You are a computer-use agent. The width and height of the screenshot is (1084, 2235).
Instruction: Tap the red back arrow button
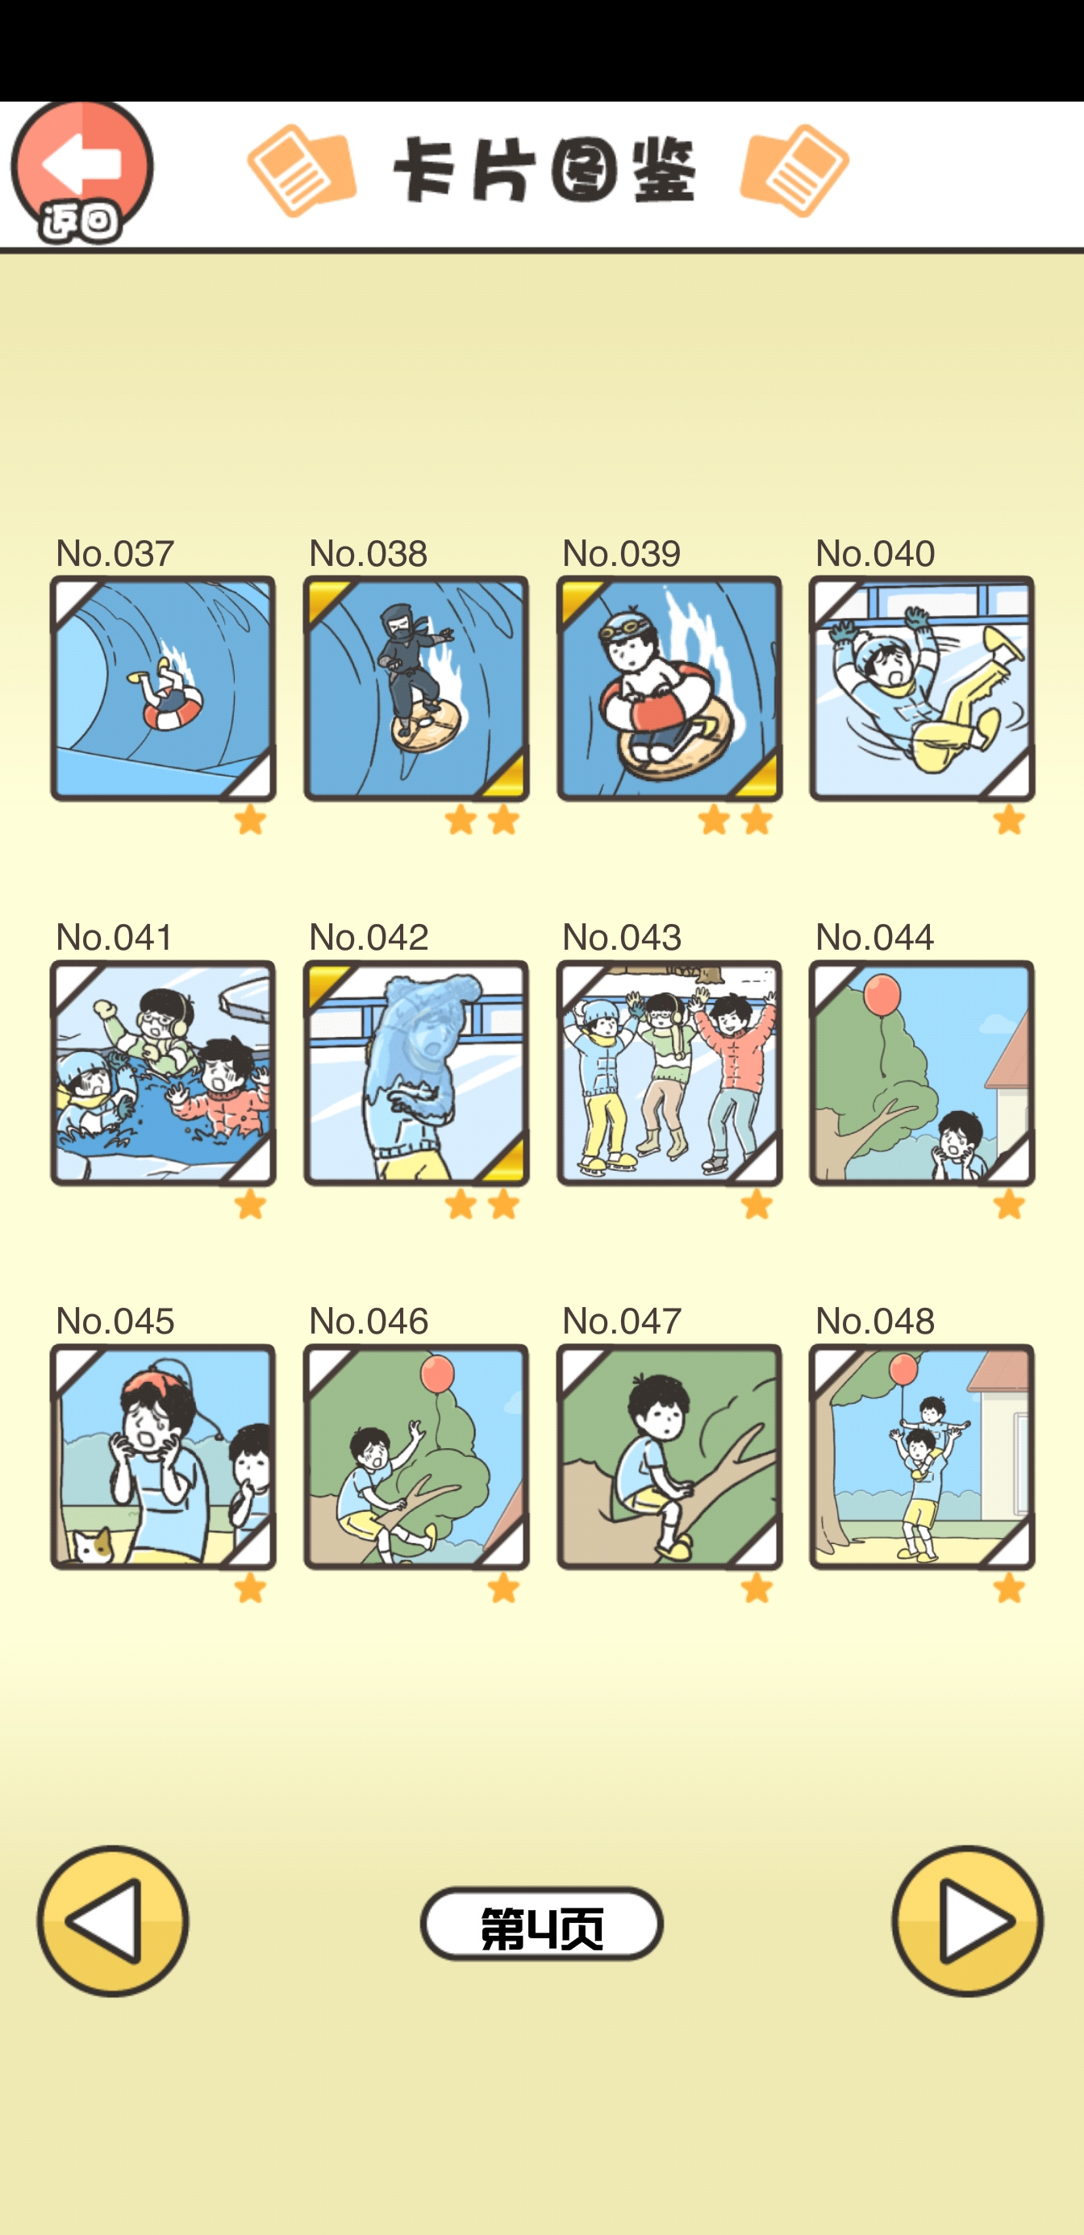[81, 172]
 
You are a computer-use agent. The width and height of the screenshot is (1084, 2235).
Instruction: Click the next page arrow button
[968, 1921]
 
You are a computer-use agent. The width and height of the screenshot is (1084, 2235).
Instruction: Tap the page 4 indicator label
[541, 1924]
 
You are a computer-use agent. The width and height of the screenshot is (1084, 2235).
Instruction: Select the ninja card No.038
[415, 688]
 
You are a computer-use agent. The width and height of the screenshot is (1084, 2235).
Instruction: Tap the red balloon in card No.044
[882, 994]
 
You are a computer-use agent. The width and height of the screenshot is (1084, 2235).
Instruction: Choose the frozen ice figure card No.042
[415, 1072]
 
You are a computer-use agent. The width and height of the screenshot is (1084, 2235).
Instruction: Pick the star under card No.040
[1009, 819]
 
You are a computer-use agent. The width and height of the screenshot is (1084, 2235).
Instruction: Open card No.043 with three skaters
[669, 1072]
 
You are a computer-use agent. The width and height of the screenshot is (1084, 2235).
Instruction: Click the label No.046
[369, 1321]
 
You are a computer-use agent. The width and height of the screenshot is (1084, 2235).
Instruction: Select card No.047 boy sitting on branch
[669, 1457]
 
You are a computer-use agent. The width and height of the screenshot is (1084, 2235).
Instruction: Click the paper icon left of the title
[301, 170]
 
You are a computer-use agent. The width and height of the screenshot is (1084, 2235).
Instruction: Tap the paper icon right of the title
[794, 170]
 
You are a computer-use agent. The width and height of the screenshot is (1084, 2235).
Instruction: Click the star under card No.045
[250, 1588]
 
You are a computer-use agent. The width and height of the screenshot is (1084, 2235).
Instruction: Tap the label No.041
[115, 937]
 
